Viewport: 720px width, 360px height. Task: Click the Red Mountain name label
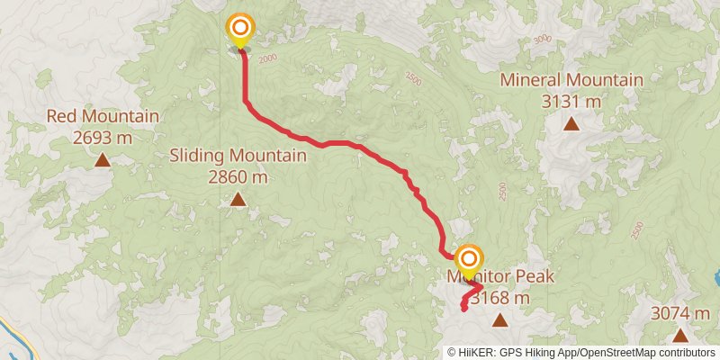tap(103, 116)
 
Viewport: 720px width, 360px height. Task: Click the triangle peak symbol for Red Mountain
tap(103, 160)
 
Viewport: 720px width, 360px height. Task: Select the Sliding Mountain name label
tap(238, 156)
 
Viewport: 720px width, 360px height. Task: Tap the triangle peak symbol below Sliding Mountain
tap(238, 200)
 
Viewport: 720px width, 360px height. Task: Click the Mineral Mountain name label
tap(571, 80)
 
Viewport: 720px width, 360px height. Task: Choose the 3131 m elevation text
tap(571, 101)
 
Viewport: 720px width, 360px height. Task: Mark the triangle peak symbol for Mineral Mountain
tap(571, 124)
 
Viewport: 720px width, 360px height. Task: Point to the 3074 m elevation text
tap(680, 313)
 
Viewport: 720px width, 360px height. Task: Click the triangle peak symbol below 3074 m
tap(680, 335)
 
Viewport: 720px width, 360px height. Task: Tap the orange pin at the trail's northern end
tap(240, 30)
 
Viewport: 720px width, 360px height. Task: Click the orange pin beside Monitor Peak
tap(468, 260)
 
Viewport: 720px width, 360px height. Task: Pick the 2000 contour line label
tap(267, 59)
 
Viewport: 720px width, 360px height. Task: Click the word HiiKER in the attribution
tap(475, 353)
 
